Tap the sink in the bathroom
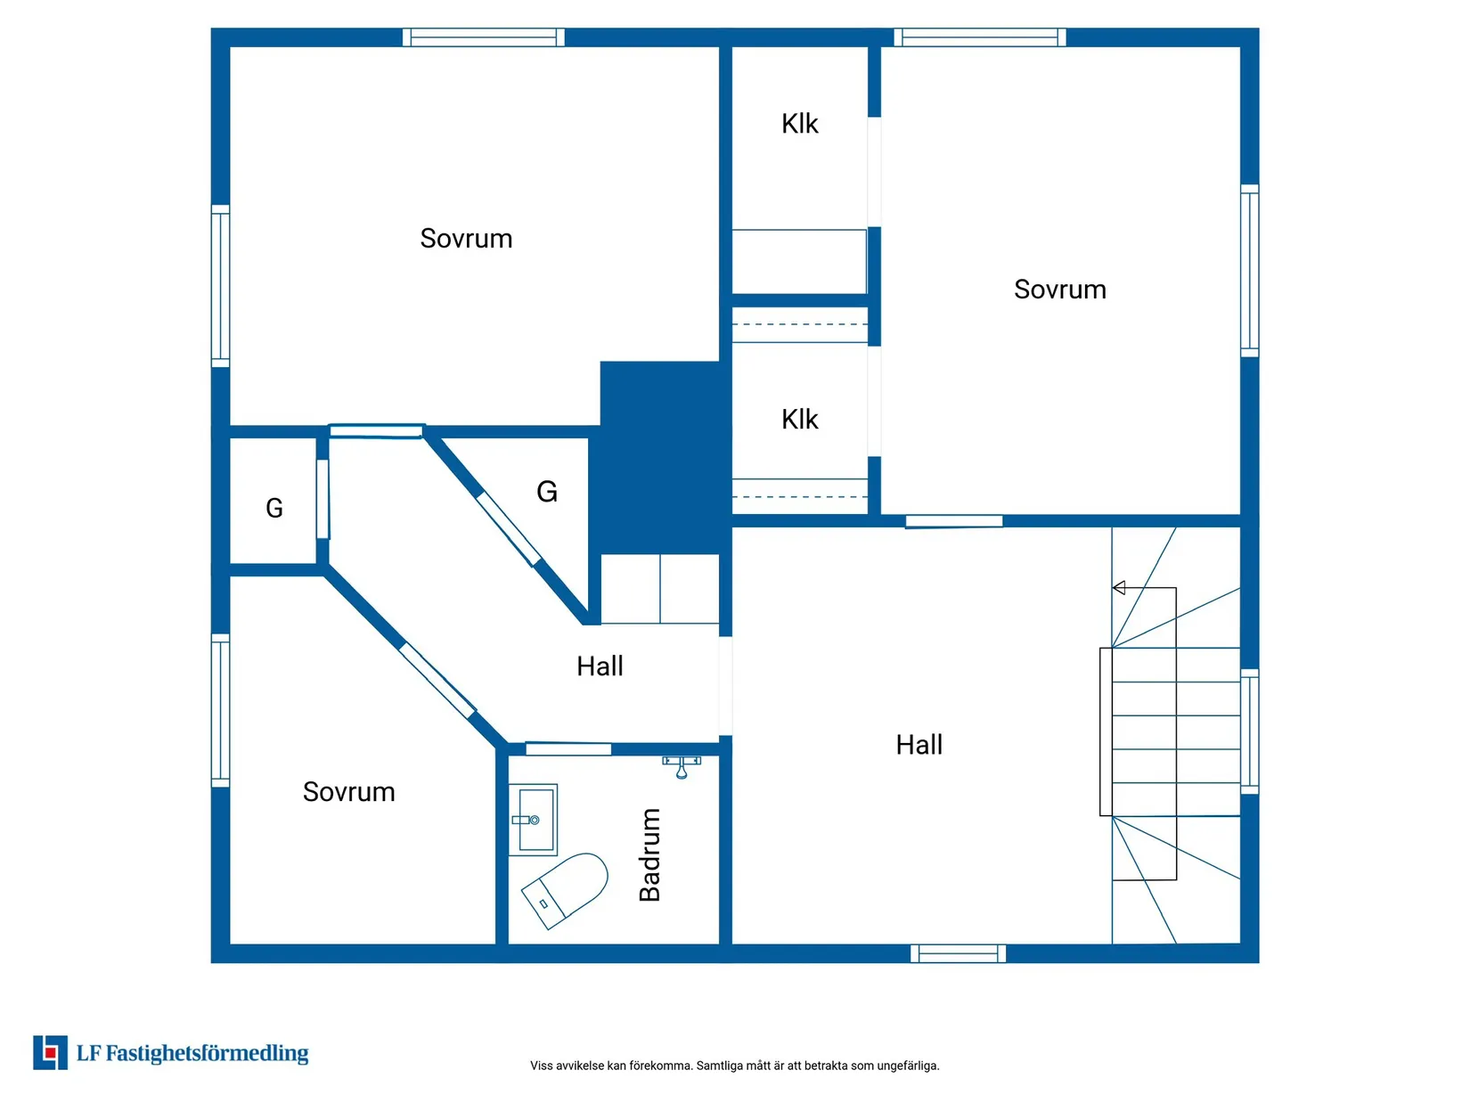coord(533,819)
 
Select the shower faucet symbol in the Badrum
coord(681,766)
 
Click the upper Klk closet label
coord(799,124)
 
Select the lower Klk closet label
coord(799,420)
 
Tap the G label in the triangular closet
coord(546,491)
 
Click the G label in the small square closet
coord(274,508)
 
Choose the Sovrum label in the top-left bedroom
coord(466,239)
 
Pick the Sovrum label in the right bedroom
coord(1059,290)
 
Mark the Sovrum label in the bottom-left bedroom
coord(348,791)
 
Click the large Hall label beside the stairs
coord(919,745)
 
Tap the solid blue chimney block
coord(659,457)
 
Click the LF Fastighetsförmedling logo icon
coord(50,1052)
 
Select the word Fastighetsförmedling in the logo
coord(207,1053)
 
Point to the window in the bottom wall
coord(958,952)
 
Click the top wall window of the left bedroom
coord(483,37)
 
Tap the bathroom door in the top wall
coord(568,748)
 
